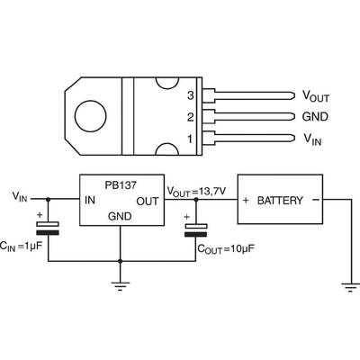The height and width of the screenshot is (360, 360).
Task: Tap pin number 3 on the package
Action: tap(191, 95)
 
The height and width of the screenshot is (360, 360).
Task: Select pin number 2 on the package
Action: tap(191, 117)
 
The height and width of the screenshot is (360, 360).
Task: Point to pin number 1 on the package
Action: tap(190, 139)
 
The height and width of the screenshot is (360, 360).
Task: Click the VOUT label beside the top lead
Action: tap(315, 96)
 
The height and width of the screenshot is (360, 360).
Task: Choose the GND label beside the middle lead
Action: tap(315, 117)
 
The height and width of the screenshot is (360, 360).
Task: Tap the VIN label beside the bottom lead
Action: tap(312, 139)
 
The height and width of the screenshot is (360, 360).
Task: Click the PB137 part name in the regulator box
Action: tap(121, 185)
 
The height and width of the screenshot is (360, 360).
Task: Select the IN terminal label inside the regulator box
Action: tap(90, 200)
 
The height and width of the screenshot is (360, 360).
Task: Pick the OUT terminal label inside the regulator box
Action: tap(148, 202)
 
